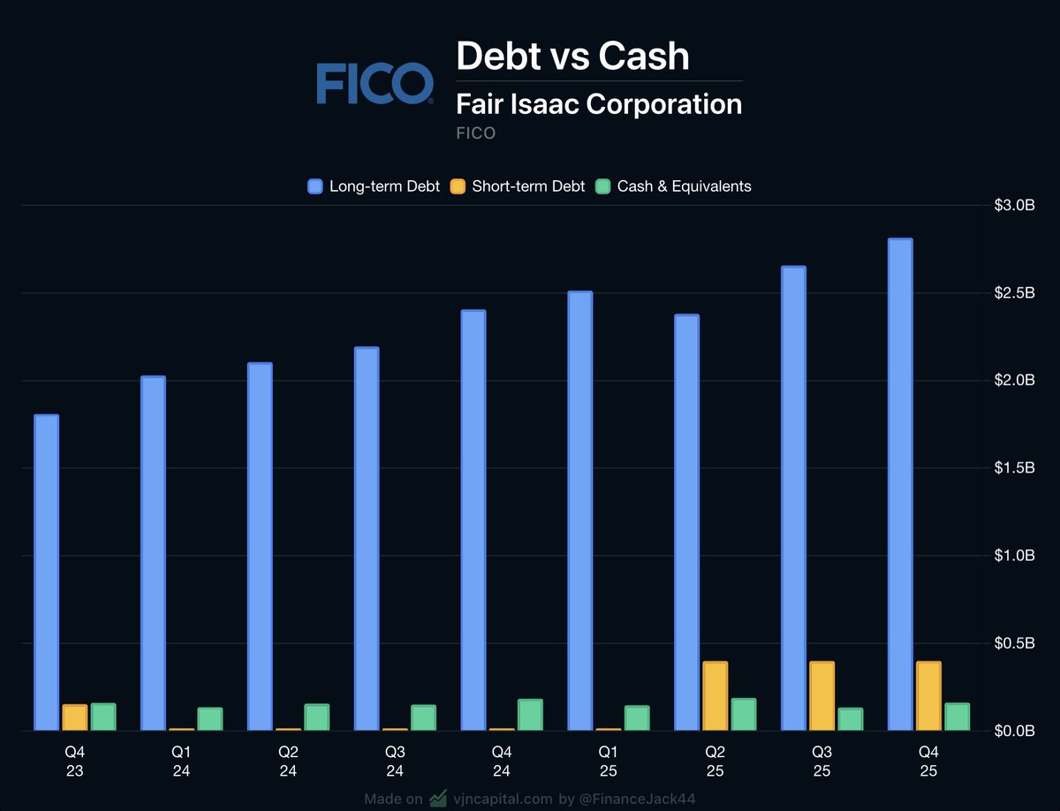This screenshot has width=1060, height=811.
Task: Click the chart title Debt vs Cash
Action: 572,56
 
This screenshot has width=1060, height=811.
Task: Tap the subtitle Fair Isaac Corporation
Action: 599,104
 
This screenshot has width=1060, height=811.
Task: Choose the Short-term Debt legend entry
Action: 518,186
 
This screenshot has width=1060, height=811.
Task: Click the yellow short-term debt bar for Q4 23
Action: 75,717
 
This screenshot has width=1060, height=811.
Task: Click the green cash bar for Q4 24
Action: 530,715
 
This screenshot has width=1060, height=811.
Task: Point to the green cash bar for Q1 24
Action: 210,719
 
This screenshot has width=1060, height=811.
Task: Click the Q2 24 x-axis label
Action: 288,761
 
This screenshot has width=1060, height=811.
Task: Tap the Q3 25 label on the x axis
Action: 821,761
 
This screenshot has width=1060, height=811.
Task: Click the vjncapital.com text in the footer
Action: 502,800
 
